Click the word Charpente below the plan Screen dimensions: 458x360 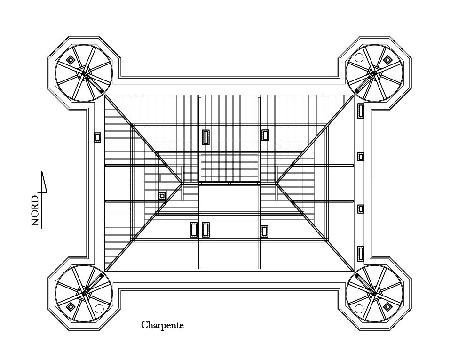pyautogui.click(x=162, y=325)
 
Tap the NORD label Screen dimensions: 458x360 pyautogui.click(x=35, y=211)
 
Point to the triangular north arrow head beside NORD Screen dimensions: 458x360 pyautogui.click(x=44, y=182)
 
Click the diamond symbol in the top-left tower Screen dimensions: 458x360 pyautogui.click(x=71, y=60)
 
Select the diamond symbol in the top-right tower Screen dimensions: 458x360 pyautogui.click(x=387, y=60)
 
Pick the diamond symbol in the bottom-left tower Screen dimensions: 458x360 pyautogui.click(x=71, y=307)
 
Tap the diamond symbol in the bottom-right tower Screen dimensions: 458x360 pyautogui.click(x=387, y=307)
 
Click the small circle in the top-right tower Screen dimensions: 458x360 pyautogui.click(x=359, y=58)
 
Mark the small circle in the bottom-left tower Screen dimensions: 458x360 pyautogui.click(x=99, y=309)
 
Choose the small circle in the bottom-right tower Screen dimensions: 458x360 pyautogui.click(x=359, y=309)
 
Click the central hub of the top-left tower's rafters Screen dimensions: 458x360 pyautogui.click(x=84, y=73)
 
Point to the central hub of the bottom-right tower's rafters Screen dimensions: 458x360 pyautogui.click(x=374, y=294)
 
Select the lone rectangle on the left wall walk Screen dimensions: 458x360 pyautogui.click(x=97, y=137)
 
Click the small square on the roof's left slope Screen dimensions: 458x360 pyautogui.click(x=162, y=196)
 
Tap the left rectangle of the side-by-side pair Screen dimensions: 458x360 pyautogui.click(x=194, y=230)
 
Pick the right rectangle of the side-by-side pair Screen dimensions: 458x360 pyautogui.click(x=205, y=230)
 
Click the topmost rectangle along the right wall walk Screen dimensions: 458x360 pyautogui.click(x=361, y=111)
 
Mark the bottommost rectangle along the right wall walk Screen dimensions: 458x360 pyautogui.click(x=361, y=254)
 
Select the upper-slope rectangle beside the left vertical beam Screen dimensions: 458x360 pyautogui.click(x=205, y=137)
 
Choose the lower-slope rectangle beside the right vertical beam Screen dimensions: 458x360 pyautogui.click(x=264, y=232)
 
